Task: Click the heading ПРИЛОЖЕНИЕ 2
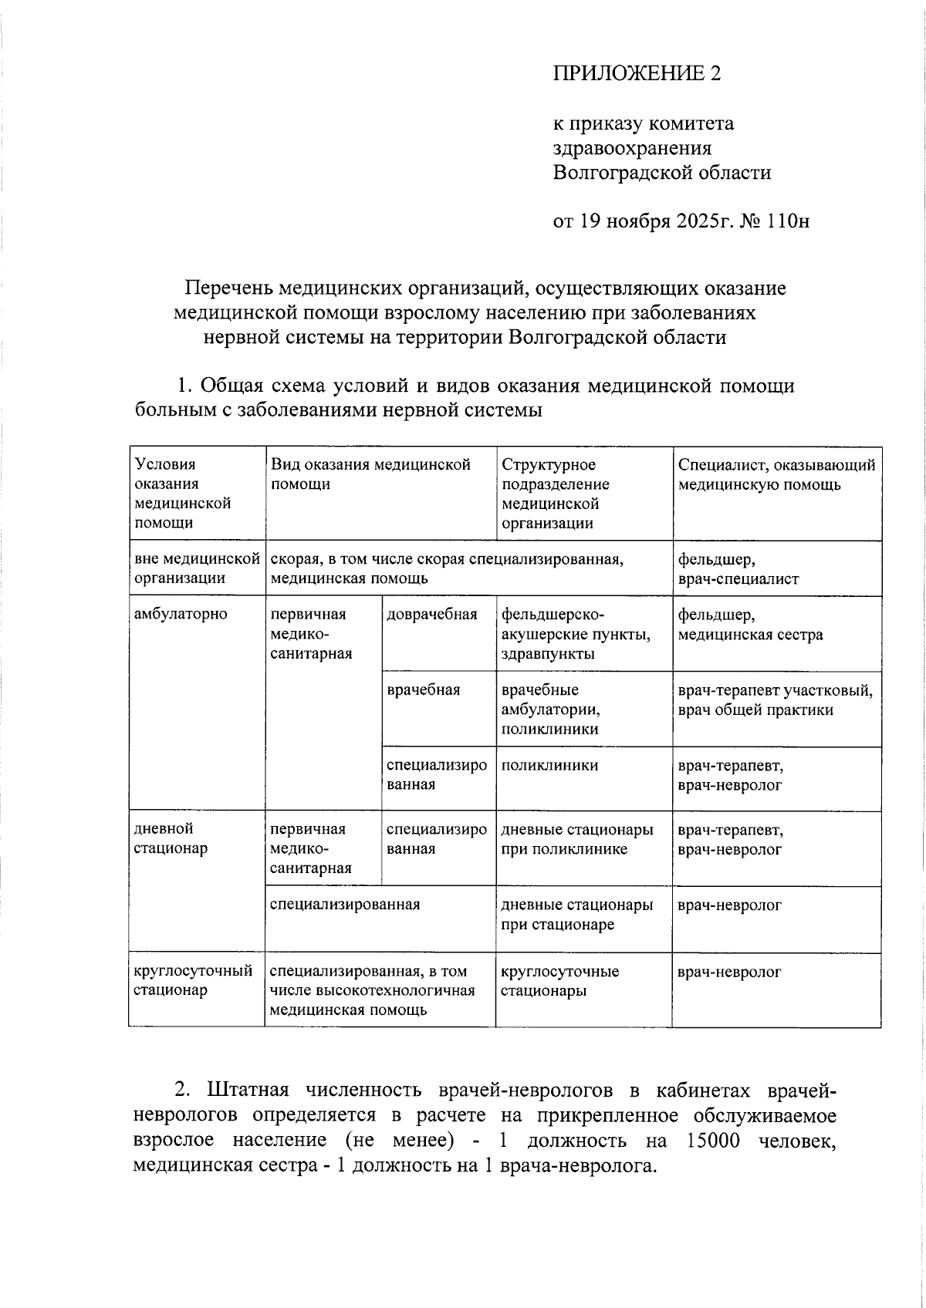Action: point(637,73)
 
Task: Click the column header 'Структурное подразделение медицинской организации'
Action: point(555,494)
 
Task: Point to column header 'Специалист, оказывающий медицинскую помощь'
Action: point(776,474)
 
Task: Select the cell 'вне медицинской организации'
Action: point(196,568)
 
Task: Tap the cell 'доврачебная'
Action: point(431,615)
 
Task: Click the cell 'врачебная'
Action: point(424,689)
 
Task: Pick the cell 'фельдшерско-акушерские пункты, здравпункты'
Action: point(576,634)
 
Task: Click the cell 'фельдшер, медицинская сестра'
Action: point(750,625)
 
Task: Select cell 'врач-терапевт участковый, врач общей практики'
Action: point(775,700)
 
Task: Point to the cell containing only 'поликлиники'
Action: point(549,765)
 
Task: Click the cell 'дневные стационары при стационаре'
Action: point(576,914)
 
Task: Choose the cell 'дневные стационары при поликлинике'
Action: point(576,839)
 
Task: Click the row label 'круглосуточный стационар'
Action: point(193,980)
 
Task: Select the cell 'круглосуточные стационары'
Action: point(559,980)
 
